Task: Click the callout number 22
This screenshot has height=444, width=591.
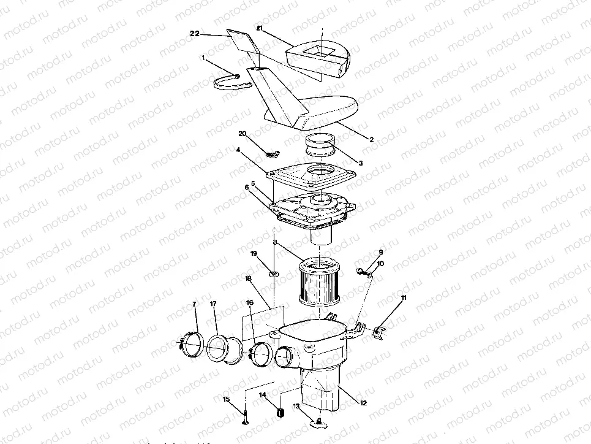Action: click(194, 34)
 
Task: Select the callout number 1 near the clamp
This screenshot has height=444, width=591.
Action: click(203, 57)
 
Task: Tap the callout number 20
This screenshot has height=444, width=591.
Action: click(243, 133)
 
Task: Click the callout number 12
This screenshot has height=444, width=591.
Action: click(363, 403)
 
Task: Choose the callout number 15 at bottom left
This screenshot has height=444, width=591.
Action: click(225, 399)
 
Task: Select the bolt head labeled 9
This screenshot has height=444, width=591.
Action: click(359, 269)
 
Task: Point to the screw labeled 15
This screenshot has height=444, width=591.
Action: click(245, 418)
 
